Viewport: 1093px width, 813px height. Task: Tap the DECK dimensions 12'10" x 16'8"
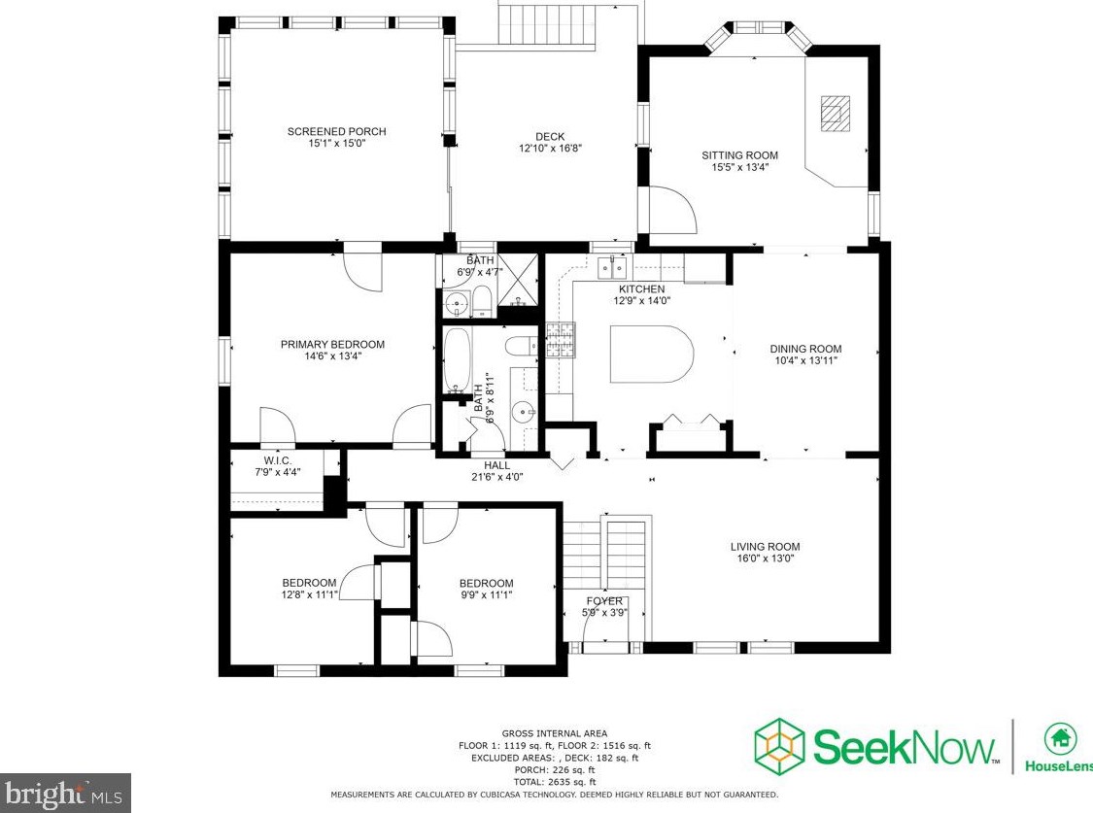pyautogui.click(x=550, y=149)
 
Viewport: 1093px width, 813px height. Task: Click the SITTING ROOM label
pyautogui.click(x=739, y=155)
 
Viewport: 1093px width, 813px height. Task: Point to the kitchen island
pyautogui.click(x=650, y=355)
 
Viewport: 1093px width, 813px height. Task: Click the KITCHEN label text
pyautogui.click(x=642, y=289)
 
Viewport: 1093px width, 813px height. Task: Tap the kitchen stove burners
pyautogui.click(x=560, y=341)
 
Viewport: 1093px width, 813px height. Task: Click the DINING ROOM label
pyautogui.click(x=805, y=349)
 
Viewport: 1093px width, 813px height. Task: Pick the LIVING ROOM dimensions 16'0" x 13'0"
pyautogui.click(x=765, y=559)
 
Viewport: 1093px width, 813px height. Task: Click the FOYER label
pyautogui.click(x=604, y=601)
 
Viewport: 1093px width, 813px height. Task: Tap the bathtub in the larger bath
pyautogui.click(x=457, y=362)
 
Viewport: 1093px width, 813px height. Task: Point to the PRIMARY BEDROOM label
pyautogui.click(x=332, y=344)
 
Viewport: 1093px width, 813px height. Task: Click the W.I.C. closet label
pyautogui.click(x=277, y=459)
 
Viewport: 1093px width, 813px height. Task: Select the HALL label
pyautogui.click(x=496, y=465)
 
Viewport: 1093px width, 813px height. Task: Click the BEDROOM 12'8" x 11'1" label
pyautogui.click(x=309, y=583)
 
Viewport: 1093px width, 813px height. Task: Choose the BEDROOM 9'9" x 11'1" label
pyautogui.click(x=486, y=583)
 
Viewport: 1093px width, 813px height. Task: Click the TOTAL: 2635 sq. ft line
pyautogui.click(x=554, y=782)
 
